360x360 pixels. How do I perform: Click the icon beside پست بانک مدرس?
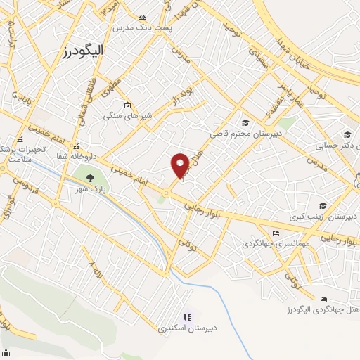pyautogui.click(x=143, y=16)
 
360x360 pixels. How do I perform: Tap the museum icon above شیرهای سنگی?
pyautogui.click(x=127, y=106)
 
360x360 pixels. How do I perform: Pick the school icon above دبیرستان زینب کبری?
pyautogui.click(x=322, y=206)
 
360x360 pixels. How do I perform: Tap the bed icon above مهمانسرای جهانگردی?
pyautogui.click(x=276, y=233)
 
